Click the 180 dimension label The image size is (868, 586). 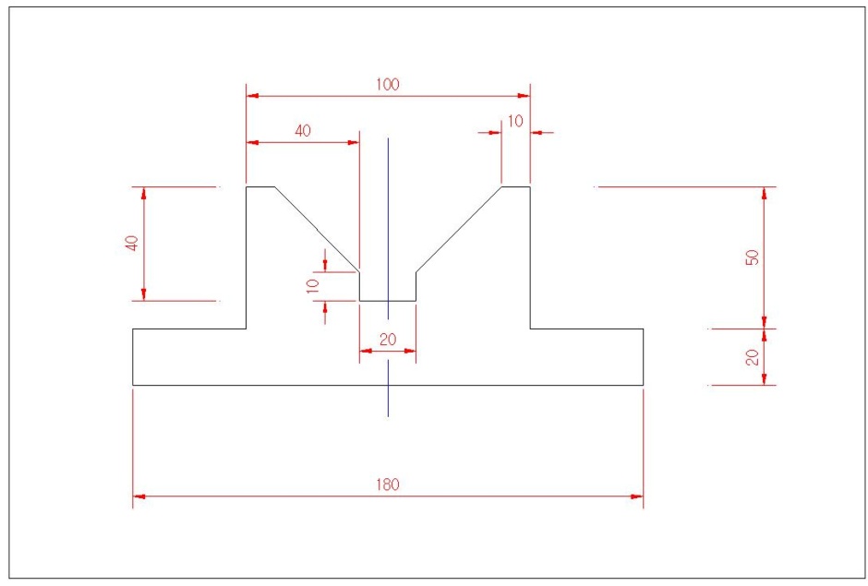(388, 484)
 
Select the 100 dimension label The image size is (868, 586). (388, 85)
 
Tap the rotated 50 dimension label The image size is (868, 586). (753, 257)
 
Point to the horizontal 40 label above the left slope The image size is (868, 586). (303, 131)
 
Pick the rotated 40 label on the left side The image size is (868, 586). (132, 244)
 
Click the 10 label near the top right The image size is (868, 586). (515, 121)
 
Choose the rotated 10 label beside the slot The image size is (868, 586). (313, 286)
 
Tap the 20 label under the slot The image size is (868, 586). (388, 340)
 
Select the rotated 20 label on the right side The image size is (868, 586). (753, 357)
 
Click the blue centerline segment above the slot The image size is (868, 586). (388, 229)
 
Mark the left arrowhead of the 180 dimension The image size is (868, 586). (139, 496)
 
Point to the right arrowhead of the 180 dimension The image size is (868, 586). (636, 496)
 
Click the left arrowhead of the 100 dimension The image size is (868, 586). (252, 96)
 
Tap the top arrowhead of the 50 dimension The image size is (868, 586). (765, 194)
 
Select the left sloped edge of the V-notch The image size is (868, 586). (318, 230)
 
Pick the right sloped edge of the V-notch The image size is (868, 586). (459, 230)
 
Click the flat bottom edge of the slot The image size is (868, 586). (388, 301)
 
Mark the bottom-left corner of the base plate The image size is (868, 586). (133, 385)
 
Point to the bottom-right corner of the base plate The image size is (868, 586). (644, 385)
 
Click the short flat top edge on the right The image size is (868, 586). (516, 187)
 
